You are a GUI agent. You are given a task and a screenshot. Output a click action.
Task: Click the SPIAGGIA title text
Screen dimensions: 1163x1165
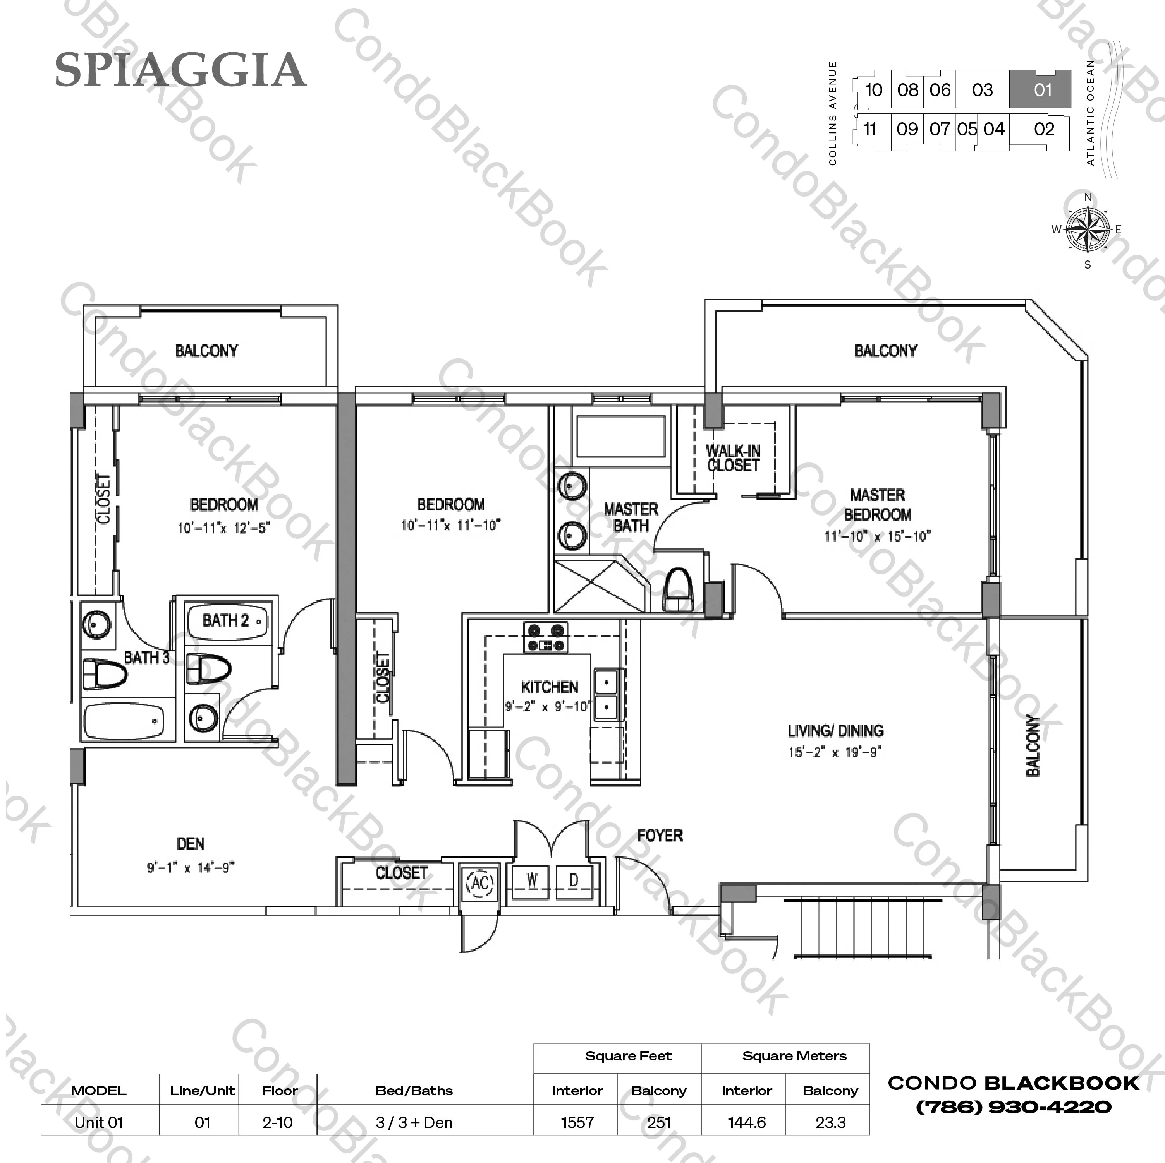[x=180, y=70]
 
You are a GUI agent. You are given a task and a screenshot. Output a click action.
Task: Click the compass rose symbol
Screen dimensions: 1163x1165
[x=1087, y=230]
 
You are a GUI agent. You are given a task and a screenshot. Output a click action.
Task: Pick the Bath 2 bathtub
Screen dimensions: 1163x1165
[x=227, y=621]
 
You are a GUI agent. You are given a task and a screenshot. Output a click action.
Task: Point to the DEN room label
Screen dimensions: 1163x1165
[x=191, y=844]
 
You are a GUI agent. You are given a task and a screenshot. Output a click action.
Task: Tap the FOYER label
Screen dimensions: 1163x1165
[x=660, y=835]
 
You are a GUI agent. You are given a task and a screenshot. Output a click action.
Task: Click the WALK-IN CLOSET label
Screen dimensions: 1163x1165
[x=733, y=458]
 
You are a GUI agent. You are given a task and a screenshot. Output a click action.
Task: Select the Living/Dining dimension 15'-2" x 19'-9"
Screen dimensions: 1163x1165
[x=835, y=752]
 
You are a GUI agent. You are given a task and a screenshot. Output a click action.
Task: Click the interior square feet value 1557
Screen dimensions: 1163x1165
[x=577, y=1123]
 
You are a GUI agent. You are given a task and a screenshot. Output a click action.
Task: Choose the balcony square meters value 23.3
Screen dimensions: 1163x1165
[x=830, y=1123]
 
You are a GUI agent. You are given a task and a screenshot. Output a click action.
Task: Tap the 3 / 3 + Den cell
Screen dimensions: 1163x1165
[x=414, y=1123]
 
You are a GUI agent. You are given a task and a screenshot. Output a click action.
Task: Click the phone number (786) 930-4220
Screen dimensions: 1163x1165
[x=1013, y=1107]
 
